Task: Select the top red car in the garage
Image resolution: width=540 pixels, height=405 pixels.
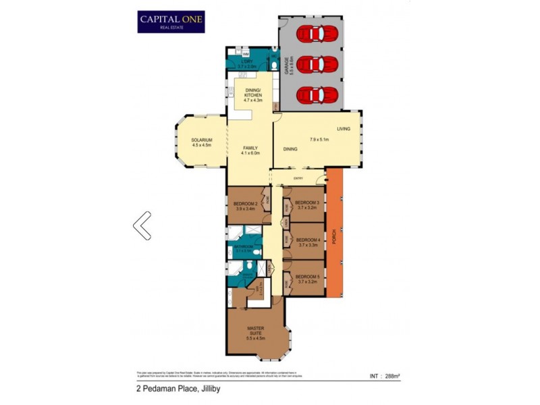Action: pos(317,33)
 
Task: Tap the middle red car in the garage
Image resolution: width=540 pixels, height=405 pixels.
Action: pos(317,65)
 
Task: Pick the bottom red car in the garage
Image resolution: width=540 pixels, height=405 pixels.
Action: pos(317,95)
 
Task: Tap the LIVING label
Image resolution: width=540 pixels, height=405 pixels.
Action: pos(344,129)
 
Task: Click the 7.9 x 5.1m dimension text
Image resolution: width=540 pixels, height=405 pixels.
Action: pos(319,140)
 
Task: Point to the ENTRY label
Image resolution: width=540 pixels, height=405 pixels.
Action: pos(298,178)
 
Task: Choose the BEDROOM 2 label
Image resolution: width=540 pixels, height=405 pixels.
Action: pos(245,203)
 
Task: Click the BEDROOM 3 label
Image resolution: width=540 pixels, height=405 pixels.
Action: pos(308,202)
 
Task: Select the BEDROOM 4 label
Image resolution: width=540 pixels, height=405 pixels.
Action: pos(308,240)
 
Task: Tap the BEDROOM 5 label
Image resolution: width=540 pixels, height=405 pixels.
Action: pos(308,276)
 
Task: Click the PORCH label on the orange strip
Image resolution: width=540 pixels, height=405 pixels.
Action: pos(333,240)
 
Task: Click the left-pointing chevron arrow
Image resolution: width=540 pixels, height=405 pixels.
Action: pos(142,225)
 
